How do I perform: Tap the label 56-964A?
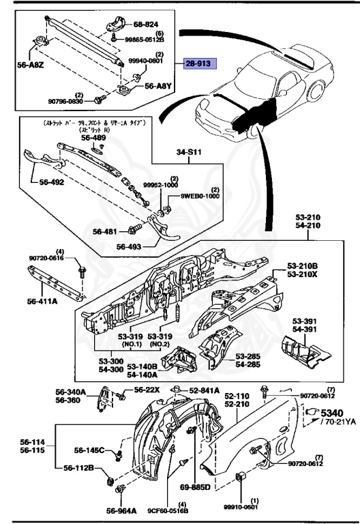[x=120, y=509]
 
